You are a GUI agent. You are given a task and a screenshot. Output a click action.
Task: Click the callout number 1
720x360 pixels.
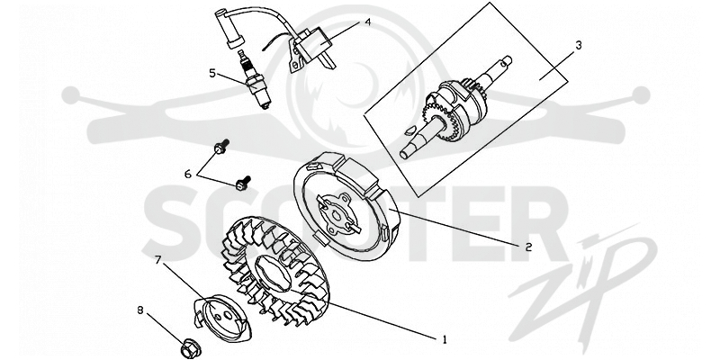point(444,340)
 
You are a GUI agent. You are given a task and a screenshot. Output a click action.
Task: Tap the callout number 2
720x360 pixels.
point(528,247)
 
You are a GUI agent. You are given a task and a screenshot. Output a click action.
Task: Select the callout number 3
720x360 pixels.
point(579,45)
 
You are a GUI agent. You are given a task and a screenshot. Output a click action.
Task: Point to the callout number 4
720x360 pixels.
point(367,21)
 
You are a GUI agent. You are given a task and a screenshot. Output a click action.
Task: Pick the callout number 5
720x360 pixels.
point(212,73)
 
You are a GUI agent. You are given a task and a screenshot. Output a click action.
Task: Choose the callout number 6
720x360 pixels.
point(187,174)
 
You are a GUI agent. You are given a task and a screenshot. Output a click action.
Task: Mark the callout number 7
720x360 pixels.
point(157,260)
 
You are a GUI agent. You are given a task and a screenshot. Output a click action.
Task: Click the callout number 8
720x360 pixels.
point(140,310)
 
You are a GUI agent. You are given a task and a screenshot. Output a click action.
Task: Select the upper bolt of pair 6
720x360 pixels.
point(221,147)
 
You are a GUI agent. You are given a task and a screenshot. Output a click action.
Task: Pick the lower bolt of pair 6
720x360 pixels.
point(243,182)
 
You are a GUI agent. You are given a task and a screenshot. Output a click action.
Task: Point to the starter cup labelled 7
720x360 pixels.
point(222,318)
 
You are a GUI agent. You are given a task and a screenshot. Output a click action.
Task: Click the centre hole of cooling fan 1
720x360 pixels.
point(274,277)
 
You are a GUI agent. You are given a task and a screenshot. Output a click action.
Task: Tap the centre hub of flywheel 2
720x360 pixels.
point(338,212)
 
